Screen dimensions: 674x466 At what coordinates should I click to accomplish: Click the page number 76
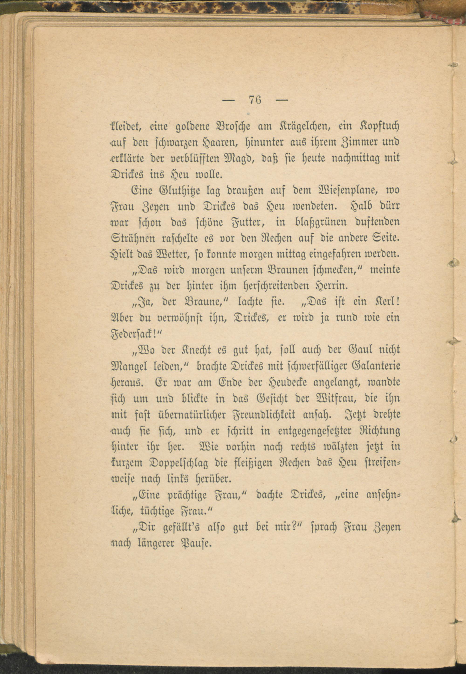(255, 100)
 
